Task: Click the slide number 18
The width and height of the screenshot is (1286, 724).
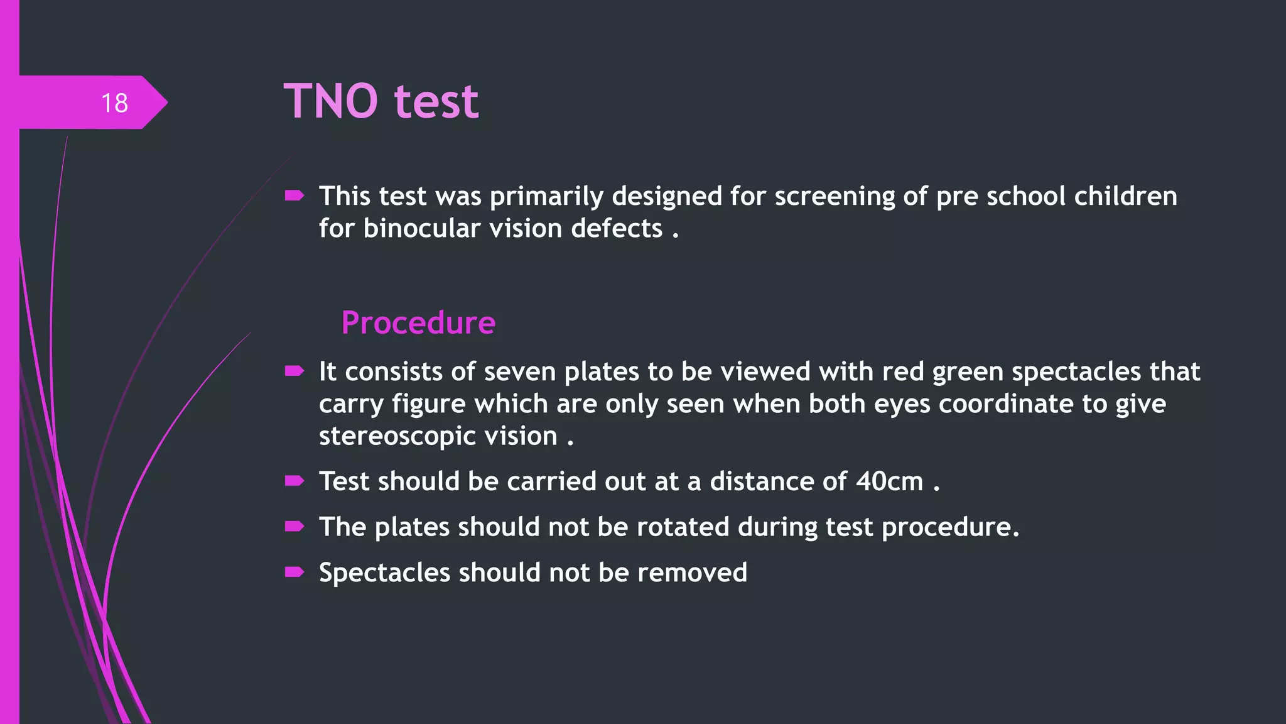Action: pyautogui.click(x=114, y=103)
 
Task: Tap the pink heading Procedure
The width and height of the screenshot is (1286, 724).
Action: pyautogui.click(x=418, y=323)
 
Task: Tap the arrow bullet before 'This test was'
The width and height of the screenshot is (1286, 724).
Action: pyautogui.click(x=294, y=196)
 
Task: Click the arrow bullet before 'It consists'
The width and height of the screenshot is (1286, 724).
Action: pyautogui.click(x=294, y=371)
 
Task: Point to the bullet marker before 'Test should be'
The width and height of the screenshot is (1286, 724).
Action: pyautogui.click(x=294, y=481)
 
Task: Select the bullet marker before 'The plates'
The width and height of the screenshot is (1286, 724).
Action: pyautogui.click(x=294, y=527)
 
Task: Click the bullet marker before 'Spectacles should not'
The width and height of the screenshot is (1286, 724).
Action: pyautogui.click(x=294, y=572)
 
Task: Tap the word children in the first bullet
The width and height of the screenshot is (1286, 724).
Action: pyautogui.click(x=1125, y=196)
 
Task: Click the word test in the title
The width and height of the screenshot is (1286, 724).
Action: pyautogui.click(x=436, y=101)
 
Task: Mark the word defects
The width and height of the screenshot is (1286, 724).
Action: pyautogui.click(x=617, y=229)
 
